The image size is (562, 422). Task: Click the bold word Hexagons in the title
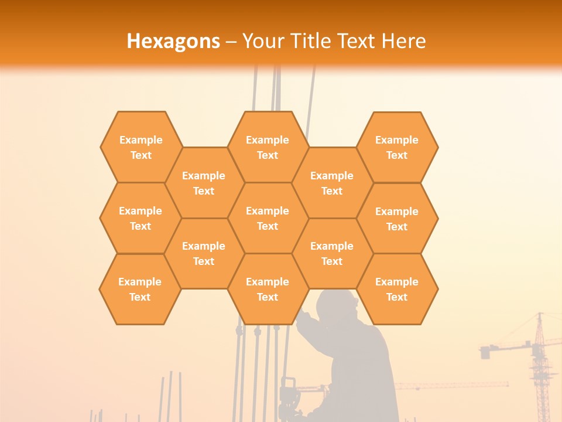click(173, 41)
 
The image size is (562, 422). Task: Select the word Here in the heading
click(404, 41)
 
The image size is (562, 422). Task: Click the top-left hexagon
click(141, 147)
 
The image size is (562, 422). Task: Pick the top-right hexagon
click(397, 147)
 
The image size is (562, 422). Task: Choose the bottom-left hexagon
click(140, 289)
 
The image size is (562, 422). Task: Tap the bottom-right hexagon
click(397, 289)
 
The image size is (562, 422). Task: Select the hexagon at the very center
click(268, 218)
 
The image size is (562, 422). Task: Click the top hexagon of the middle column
click(268, 147)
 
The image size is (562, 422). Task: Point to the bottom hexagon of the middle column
click(268, 289)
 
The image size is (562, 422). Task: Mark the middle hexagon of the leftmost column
click(140, 218)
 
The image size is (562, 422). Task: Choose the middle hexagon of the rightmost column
click(397, 219)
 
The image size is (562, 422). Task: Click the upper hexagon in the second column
click(204, 183)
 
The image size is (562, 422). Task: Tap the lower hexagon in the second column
click(204, 253)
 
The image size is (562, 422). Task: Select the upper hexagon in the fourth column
click(332, 183)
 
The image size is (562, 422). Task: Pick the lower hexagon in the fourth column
click(332, 253)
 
